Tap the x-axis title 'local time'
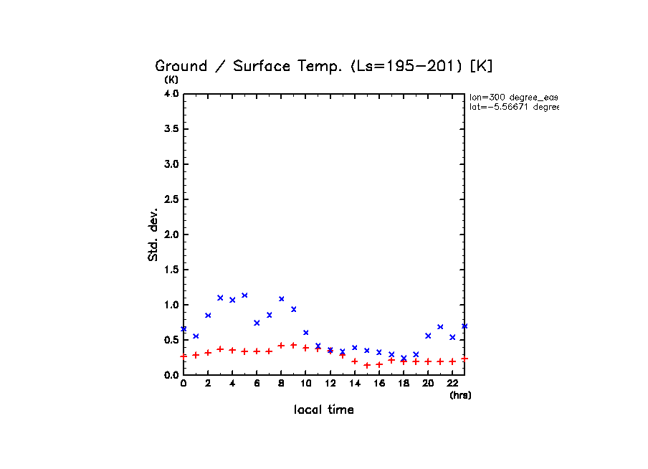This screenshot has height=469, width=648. point(324,409)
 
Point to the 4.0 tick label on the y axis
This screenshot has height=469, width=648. point(171,94)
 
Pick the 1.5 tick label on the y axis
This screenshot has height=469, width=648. point(171,270)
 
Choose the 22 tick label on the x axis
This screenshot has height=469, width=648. point(452,384)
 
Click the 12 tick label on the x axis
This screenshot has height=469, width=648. point(330,384)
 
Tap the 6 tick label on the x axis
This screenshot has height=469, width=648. point(257,384)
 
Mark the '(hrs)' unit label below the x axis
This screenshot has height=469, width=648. point(460,395)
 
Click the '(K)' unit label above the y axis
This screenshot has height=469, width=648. point(171,80)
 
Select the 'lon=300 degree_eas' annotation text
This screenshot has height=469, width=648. point(513,97)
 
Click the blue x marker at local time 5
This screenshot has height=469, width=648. point(244,295)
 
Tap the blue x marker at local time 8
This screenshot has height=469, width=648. point(281,299)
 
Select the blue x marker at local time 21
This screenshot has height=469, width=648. point(440,327)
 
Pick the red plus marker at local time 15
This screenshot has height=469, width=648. point(367,365)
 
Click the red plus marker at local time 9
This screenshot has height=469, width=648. point(293,345)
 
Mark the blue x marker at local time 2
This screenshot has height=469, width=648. point(208,316)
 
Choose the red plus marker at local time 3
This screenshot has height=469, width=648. point(220,349)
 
